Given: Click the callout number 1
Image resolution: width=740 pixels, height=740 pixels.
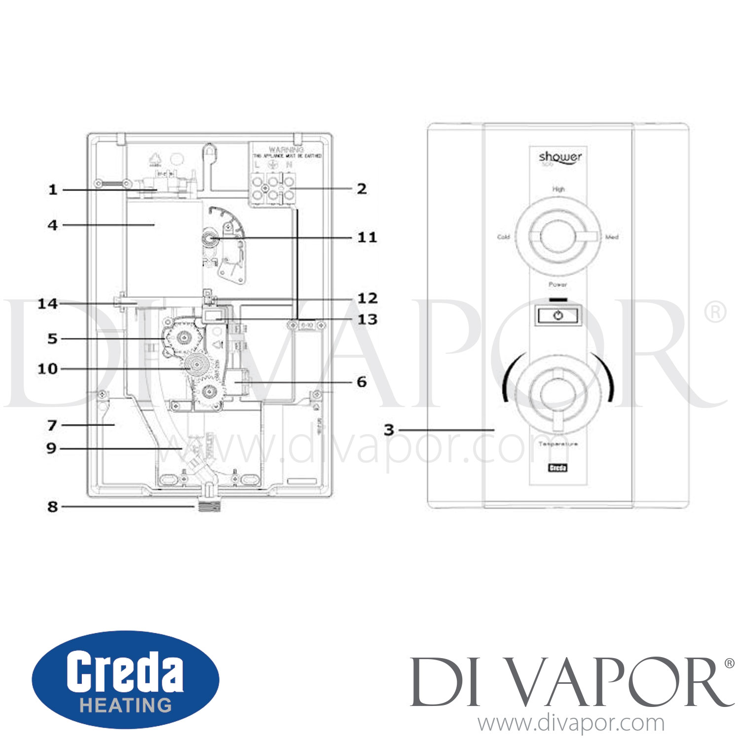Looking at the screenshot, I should [x=53, y=190].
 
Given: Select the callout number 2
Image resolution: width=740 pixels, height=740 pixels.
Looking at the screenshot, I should [x=362, y=189].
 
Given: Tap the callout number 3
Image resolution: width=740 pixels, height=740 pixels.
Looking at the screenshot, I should [x=389, y=430].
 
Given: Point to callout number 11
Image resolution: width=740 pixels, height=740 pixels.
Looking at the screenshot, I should [x=367, y=238].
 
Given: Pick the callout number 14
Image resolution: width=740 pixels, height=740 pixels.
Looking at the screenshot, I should [x=48, y=304].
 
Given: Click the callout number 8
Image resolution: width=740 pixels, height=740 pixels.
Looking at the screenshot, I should [x=53, y=507].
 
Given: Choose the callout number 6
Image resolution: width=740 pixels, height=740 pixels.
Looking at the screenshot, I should [x=362, y=382].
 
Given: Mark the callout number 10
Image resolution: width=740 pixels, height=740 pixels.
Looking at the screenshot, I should [x=48, y=369].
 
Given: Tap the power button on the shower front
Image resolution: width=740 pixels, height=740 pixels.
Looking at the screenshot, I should [x=558, y=315].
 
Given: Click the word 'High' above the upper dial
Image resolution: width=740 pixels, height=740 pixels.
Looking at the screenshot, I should [x=558, y=189].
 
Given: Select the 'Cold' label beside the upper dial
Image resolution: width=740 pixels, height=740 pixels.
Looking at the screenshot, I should [x=503, y=237].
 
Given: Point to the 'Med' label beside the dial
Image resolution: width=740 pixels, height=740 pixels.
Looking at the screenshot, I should [x=612, y=237].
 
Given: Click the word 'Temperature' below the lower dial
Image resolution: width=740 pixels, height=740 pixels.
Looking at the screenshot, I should [x=558, y=444].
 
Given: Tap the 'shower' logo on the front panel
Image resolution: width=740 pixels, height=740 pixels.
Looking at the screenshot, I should [x=560, y=157].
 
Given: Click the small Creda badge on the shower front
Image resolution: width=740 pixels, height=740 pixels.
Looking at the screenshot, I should [x=558, y=468].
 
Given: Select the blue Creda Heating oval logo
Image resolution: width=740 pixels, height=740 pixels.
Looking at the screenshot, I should [x=125, y=680].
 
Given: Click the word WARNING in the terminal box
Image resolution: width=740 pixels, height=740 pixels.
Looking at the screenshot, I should [x=286, y=149].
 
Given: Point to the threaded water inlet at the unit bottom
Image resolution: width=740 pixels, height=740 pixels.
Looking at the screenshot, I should [x=209, y=506].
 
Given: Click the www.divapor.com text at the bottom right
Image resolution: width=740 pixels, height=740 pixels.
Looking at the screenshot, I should [x=571, y=723].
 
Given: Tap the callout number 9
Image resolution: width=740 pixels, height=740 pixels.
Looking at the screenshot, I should [x=51, y=448].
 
